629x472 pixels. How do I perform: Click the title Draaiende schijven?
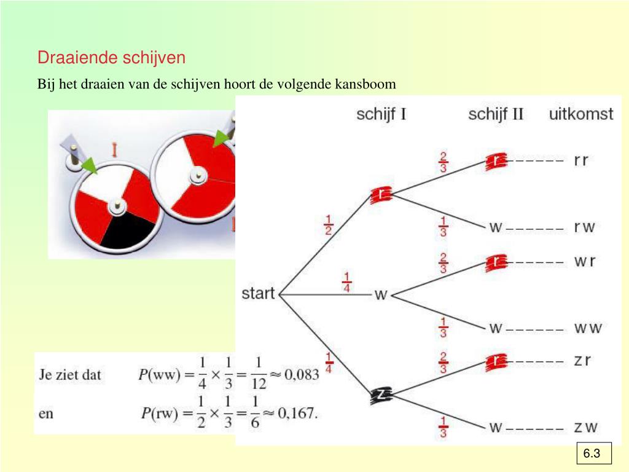coord(111,58)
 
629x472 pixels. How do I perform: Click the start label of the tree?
coord(258,293)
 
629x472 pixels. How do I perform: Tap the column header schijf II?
coord(496,114)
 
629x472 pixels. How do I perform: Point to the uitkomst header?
coord(581,114)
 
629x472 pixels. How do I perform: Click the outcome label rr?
coord(581,160)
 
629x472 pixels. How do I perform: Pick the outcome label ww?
coord(587,328)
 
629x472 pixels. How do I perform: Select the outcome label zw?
coord(586,427)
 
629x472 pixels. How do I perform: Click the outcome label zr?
coord(582,360)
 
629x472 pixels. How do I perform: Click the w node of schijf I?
coord(381,295)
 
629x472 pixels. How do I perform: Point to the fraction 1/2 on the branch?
coord(329,225)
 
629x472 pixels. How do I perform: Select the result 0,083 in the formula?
coord(302,374)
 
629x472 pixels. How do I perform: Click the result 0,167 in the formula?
coord(299,413)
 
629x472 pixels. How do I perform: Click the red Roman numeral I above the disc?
coord(114,149)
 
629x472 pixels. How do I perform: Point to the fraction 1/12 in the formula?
coord(259,374)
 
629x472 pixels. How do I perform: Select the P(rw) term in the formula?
coord(158,413)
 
